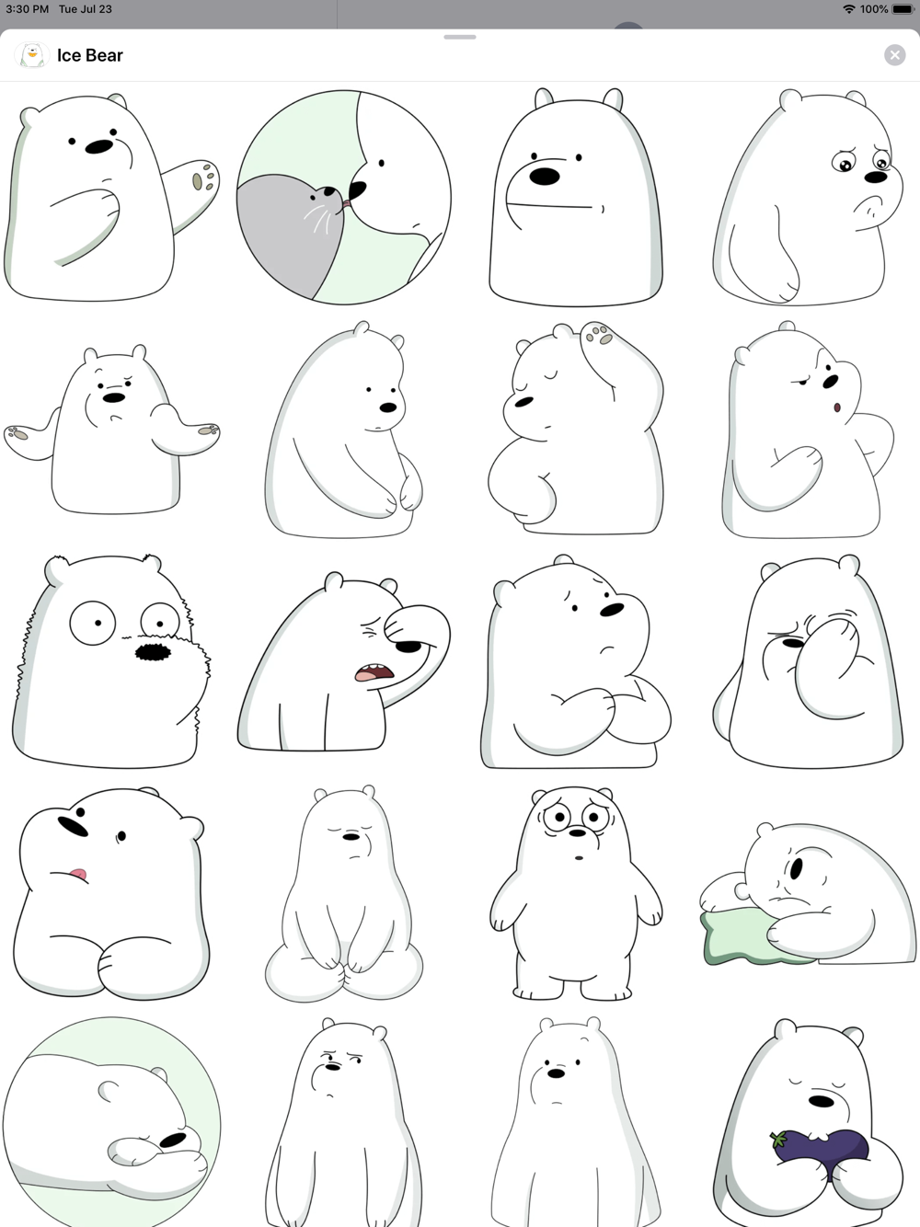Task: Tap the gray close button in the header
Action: click(894, 55)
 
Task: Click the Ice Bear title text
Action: click(90, 55)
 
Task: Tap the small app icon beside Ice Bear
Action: click(32, 55)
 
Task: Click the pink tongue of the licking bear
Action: click(77, 875)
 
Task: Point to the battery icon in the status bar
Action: click(903, 9)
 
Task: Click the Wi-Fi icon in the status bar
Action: click(849, 9)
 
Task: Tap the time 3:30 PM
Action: click(27, 9)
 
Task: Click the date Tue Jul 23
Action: click(85, 9)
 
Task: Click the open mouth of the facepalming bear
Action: click(374, 672)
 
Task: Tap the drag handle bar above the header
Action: click(460, 37)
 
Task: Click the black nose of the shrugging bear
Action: click(114, 397)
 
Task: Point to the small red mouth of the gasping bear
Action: click(837, 407)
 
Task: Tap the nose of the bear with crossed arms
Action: click(612, 609)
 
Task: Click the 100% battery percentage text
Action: click(874, 9)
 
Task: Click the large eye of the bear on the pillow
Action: click(797, 868)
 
